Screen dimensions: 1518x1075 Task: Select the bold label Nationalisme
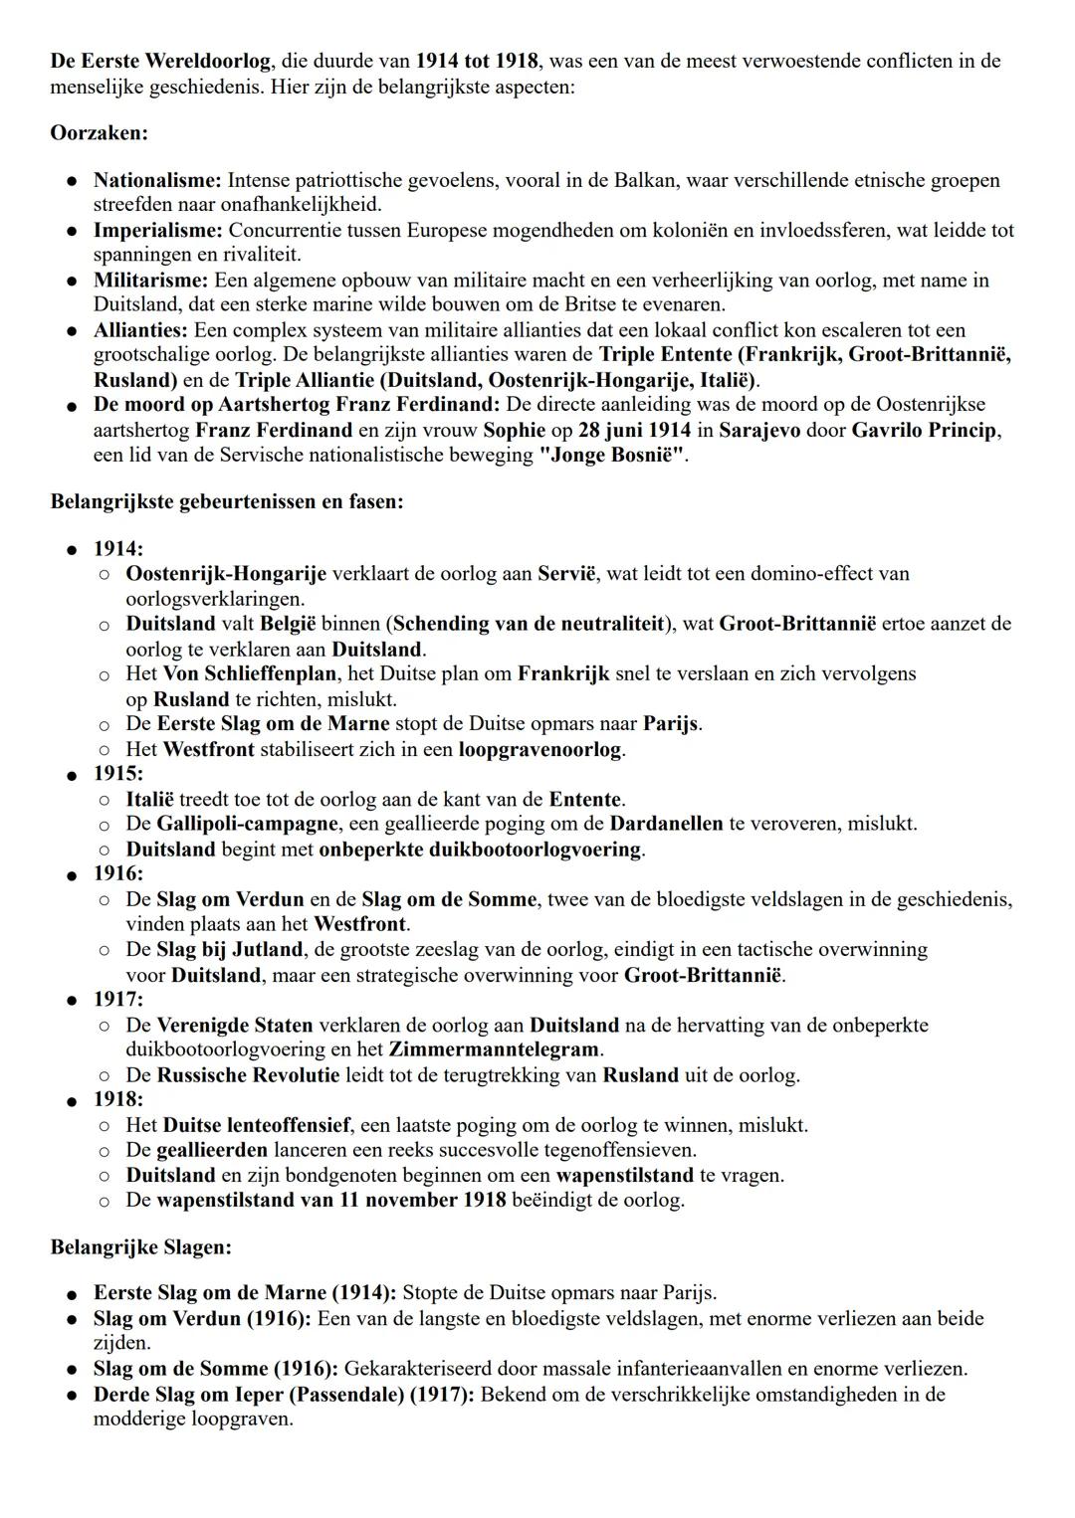pos(157,181)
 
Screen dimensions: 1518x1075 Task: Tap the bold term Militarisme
pos(150,281)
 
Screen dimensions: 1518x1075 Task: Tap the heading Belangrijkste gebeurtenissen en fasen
pos(227,501)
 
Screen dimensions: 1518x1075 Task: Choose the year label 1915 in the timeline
pos(117,773)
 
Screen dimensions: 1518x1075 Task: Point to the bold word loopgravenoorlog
pos(540,749)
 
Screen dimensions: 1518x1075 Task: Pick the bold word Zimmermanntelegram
pos(494,1049)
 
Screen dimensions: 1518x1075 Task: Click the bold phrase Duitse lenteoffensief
pos(256,1125)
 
